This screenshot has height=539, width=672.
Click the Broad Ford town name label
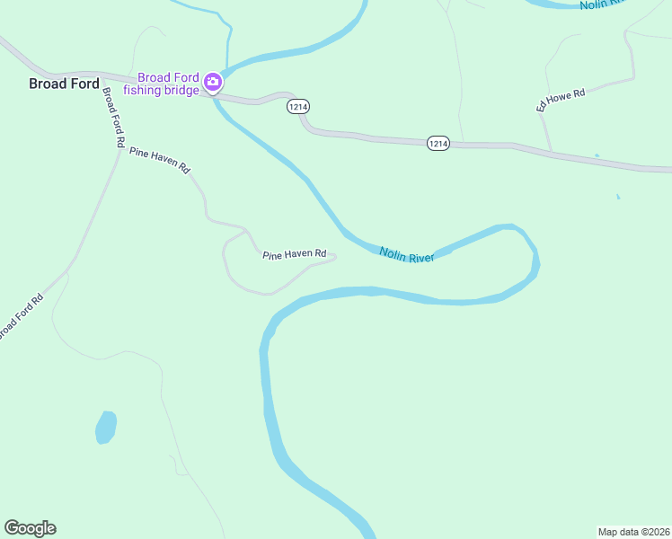click(x=64, y=84)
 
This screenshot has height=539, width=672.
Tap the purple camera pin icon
click(x=213, y=83)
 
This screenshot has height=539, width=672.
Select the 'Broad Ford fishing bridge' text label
click(x=162, y=84)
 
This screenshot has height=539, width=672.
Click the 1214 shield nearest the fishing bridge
click(x=299, y=107)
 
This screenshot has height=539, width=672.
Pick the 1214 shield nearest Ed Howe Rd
click(x=438, y=143)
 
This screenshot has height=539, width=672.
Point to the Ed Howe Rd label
click(x=561, y=100)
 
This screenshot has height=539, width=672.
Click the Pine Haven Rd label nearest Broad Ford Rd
click(x=161, y=160)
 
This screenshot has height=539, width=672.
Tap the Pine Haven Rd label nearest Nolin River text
click(x=294, y=255)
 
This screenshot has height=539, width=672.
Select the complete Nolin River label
click(x=407, y=255)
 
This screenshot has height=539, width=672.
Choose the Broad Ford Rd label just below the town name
click(x=113, y=117)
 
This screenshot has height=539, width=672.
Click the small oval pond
click(x=106, y=427)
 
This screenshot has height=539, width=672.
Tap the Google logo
click(x=30, y=528)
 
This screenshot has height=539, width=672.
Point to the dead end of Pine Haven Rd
click(x=335, y=258)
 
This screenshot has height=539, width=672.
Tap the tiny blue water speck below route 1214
click(x=618, y=197)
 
